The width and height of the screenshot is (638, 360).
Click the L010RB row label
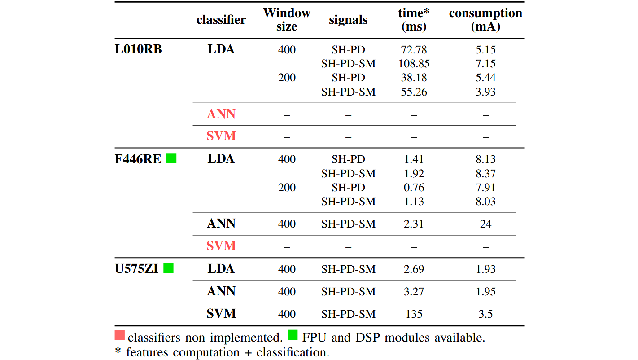pyautogui.click(x=138, y=49)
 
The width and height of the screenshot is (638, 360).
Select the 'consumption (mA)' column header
pyautogui.click(x=485, y=20)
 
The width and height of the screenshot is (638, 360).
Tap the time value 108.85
pyautogui.click(x=414, y=64)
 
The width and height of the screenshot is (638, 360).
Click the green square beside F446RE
pyautogui.click(x=171, y=158)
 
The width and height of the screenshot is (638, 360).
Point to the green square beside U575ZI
pyautogui.click(x=168, y=268)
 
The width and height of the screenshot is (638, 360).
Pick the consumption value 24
pyautogui.click(x=485, y=224)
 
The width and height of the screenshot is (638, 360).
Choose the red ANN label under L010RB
pyautogui.click(x=221, y=114)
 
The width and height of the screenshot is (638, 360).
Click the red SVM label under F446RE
pyautogui.click(x=221, y=246)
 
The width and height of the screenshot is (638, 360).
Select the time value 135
pyautogui.click(x=414, y=314)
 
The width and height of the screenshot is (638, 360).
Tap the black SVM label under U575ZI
pyautogui.click(x=221, y=314)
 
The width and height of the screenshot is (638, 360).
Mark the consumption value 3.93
pyautogui.click(x=485, y=92)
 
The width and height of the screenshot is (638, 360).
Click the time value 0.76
pyautogui.click(x=414, y=188)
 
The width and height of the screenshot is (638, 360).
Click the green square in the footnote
pyautogui.click(x=293, y=335)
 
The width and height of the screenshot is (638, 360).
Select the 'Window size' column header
pyautogui.click(x=287, y=20)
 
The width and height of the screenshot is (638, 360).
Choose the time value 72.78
pyautogui.click(x=414, y=49)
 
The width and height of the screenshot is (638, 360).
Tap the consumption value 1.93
pyautogui.click(x=485, y=269)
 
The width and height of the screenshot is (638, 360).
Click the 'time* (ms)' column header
pyautogui.click(x=414, y=20)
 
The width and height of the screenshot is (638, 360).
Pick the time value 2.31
pyautogui.click(x=414, y=224)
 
